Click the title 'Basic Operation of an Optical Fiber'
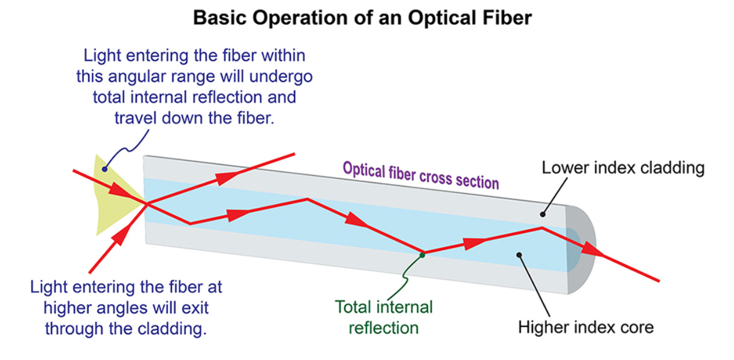point(362,18)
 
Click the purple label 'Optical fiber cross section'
point(421,176)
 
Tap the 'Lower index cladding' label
point(623,167)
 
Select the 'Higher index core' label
point(586,327)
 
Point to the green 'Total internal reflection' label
point(384,317)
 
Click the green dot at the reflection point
point(423,255)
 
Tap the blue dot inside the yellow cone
point(104,169)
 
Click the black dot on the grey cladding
point(543,214)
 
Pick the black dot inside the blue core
point(519,255)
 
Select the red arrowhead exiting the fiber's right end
point(592,250)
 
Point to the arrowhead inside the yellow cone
point(120,191)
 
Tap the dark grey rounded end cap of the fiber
point(581,249)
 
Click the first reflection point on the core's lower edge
point(190,224)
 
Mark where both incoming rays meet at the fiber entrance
point(147,204)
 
